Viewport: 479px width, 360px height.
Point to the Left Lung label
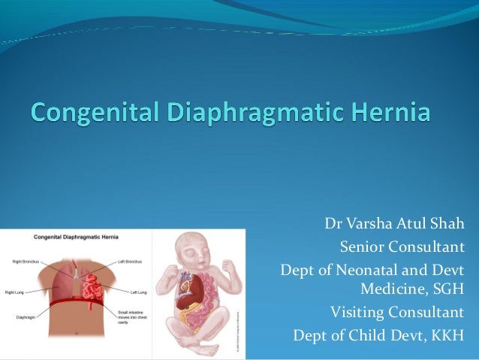138,292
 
